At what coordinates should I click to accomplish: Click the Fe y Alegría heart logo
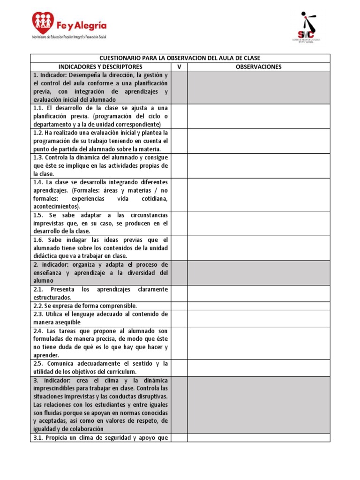tap(43, 22)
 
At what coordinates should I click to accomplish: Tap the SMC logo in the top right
tap(308, 27)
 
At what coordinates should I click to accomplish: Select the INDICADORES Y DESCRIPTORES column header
tap(101, 67)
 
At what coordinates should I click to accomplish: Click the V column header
tap(179, 67)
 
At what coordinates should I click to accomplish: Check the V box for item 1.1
tap(179, 116)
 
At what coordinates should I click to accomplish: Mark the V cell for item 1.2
tap(179, 141)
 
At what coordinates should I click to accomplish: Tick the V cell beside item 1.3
tap(179, 165)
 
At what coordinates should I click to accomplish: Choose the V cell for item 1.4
tap(179, 194)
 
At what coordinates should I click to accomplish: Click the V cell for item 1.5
tap(179, 223)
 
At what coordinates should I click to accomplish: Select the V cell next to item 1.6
tap(179, 248)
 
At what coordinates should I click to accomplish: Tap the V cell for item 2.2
tap(179, 306)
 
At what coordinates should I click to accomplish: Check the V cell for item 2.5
tap(179, 367)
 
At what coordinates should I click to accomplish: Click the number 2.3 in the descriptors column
tap(38, 314)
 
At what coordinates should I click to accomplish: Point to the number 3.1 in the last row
tap(38, 438)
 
